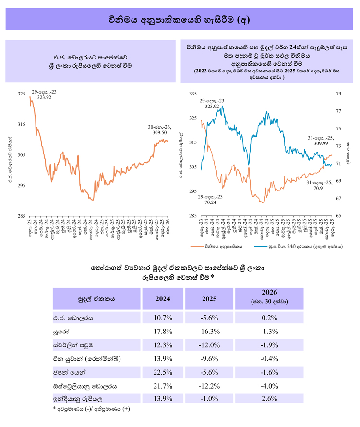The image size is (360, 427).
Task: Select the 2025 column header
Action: tap(209, 298)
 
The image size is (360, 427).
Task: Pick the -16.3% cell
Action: tap(209, 332)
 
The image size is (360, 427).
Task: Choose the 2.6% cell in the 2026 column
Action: tap(270, 399)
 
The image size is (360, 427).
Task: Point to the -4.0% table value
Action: tap(270, 386)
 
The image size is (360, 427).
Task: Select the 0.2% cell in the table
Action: tap(270, 318)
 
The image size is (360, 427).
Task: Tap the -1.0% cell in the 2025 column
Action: tap(209, 399)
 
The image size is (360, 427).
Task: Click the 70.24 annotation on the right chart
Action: tap(210, 203)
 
